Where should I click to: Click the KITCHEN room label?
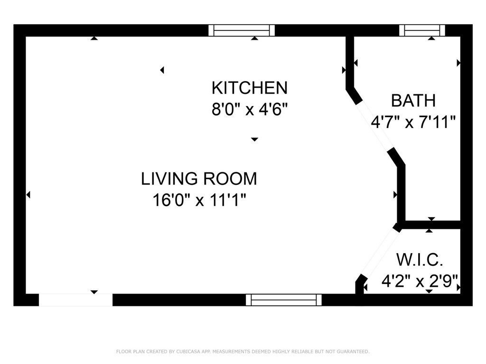point(250,88)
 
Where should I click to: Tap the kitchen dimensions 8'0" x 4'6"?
point(250,109)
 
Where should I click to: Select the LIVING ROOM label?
point(199,179)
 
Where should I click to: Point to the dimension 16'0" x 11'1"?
point(199,200)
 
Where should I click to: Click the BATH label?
point(413,100)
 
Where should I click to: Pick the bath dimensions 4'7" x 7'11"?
point(413,122)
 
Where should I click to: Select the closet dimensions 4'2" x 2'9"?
point(420,281)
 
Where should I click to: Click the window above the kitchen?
point(242,30)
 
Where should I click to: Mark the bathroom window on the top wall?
point(422,30)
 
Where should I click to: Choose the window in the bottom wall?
point(284,300)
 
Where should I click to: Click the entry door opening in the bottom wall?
point(75,300)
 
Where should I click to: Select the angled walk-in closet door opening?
point(379,254)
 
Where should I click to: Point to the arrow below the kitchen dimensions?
point(254,140)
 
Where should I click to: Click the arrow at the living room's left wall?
point(28,195)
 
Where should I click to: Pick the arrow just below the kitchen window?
point(254,38)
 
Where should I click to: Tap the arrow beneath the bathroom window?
point(431,38)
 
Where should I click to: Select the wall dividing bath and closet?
point(432,225)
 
